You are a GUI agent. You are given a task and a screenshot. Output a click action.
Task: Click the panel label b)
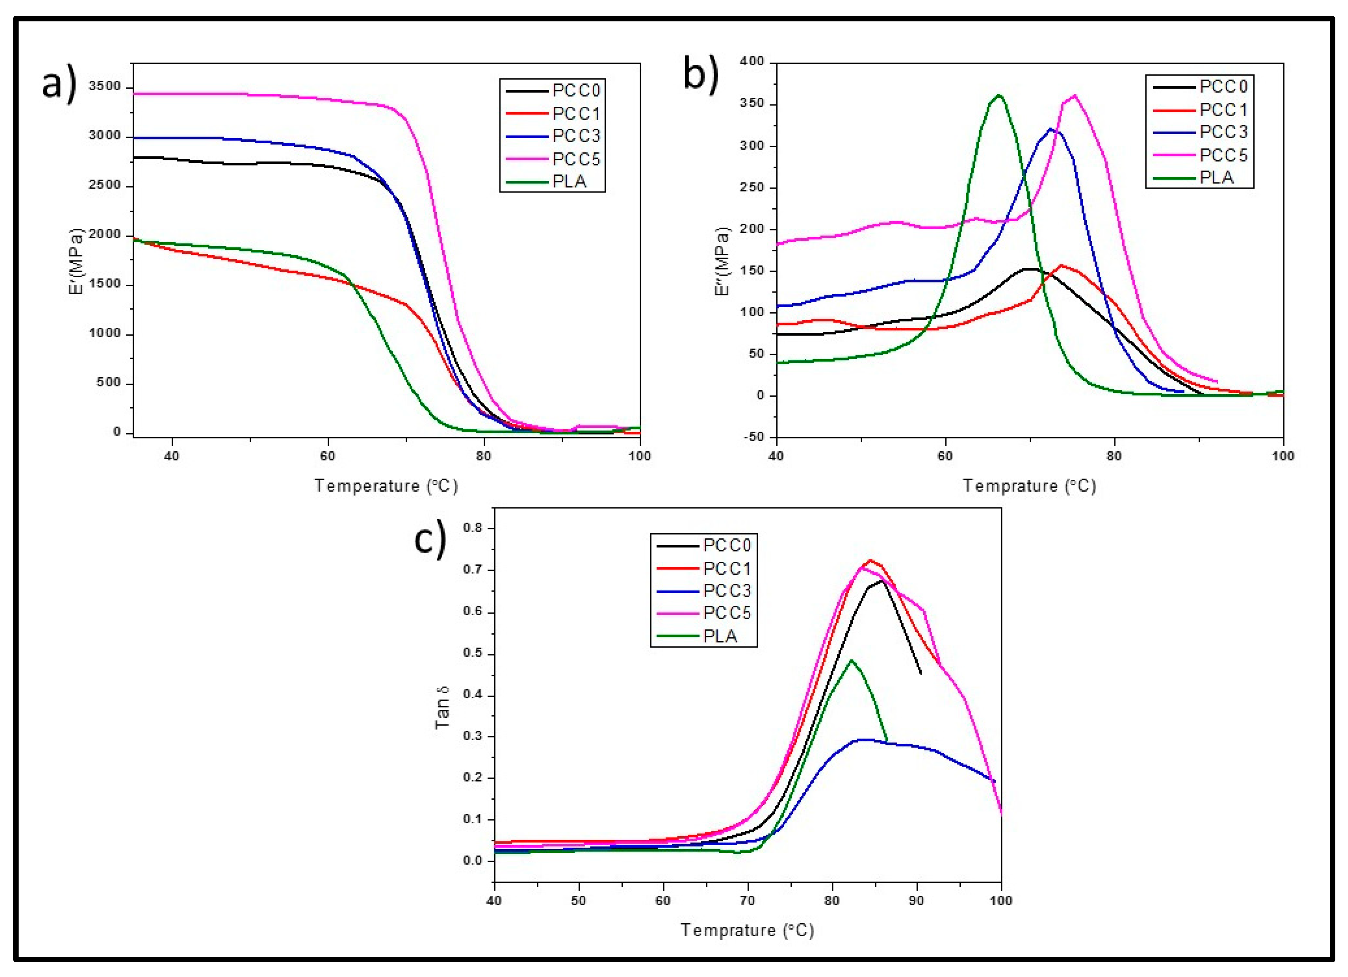(x=702, y=74)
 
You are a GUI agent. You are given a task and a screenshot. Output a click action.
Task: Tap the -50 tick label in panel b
(x=751, y=437)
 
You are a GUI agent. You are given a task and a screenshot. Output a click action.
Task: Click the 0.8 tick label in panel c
(x=474, y=528)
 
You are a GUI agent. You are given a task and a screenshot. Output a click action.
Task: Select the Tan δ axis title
(x=443, y=707)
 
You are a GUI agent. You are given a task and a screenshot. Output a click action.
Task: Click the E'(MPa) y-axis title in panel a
(x=77, y=262)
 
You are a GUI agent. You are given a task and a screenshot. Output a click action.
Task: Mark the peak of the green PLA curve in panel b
(x=999, y=95)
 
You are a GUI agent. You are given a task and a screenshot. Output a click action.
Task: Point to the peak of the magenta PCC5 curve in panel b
(x=1074, y=95)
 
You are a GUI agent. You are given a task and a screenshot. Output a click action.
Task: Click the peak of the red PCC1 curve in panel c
(x=870, y=560)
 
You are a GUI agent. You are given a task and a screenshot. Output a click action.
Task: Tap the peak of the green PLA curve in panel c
(x=852, y=660)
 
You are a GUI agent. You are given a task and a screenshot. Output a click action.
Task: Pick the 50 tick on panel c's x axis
(x=578, y=900)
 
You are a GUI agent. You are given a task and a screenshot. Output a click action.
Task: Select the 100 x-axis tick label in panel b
(x=1283, y=456)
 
